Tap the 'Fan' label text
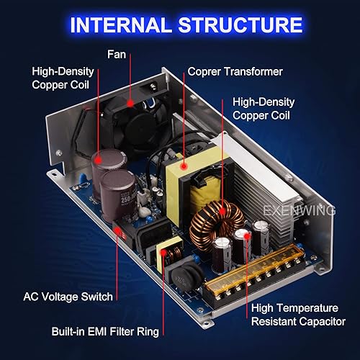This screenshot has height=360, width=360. pyautogui.click(x=117, y=53)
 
